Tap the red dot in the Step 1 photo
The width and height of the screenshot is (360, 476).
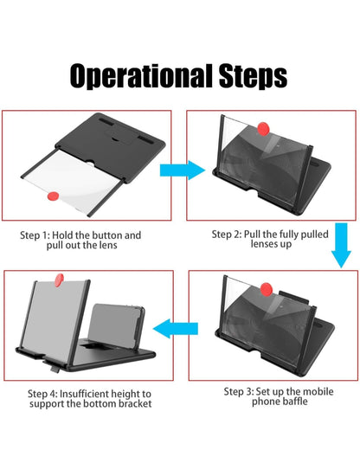(x=54, y=197)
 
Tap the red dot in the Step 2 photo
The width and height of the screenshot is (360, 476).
(x=263, y=128)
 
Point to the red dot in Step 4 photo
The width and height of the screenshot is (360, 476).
(x=59, y=278)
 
